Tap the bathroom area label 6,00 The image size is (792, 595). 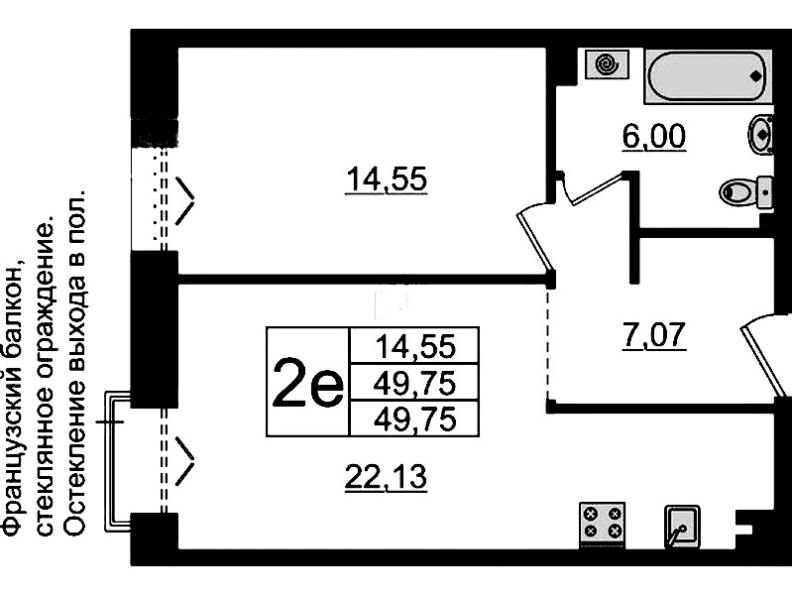(x=654, y=136)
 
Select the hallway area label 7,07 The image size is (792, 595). (x=654, y=335)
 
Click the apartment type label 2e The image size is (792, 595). (x=306, y=381)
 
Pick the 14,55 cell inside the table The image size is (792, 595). (x=414, y=346)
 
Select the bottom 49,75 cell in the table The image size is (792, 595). (x=414, y=418)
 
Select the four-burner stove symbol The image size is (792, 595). (x=604, y=523)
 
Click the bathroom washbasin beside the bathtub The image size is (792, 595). (x=759, y=134)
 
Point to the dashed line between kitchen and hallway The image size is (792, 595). (x=548, y=342)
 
